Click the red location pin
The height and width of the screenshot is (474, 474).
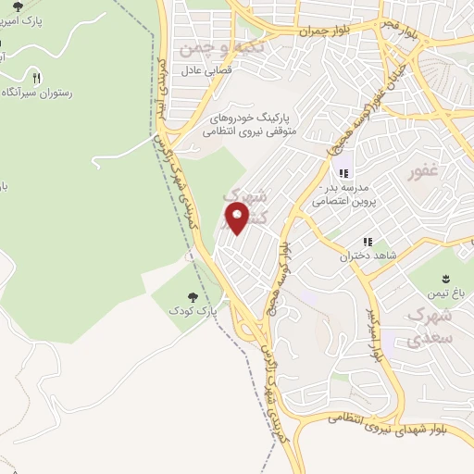[238, 219]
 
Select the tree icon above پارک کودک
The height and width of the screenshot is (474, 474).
[193, 297]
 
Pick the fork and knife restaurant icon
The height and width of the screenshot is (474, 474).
[37, 78]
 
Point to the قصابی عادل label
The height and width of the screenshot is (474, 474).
[215, 69]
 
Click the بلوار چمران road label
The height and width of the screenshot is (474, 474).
[319, 31]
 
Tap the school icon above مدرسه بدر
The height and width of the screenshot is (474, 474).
[343, 172]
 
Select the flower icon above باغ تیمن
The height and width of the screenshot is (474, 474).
[444, 278]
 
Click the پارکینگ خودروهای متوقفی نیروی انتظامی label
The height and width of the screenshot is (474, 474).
[247, 126]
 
